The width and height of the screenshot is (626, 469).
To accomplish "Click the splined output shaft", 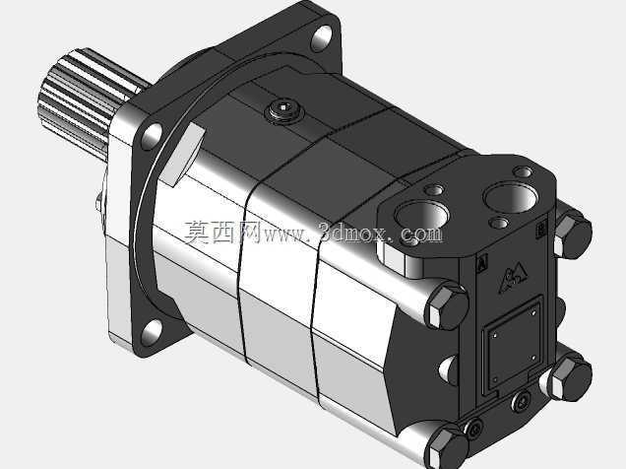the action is (x=88, y=100).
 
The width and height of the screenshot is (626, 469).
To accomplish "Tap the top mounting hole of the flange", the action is (x=322, y=38).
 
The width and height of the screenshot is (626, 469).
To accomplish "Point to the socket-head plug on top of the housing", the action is (x=283, y=109).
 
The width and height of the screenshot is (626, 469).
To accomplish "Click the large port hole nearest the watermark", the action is (x=421, y=216).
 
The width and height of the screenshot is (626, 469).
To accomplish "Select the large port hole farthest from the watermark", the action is (x=511, y=197).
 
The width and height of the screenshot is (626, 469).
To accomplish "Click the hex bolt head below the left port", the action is (x=447, y=305).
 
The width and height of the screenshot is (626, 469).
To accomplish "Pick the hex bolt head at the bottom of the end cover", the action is (x=446, y=448).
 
